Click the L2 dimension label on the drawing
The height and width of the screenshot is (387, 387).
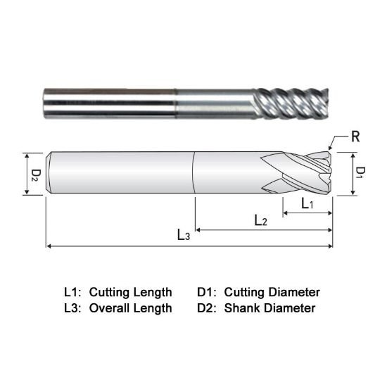point(260,220)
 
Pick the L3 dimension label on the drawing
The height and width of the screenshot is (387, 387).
point(184,236)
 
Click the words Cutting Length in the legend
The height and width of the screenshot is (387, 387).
point(130,291)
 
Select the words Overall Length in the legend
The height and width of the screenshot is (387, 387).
point(130,307)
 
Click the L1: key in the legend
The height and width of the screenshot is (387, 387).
point(73,291)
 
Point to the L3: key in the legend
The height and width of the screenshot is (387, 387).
point(73,307)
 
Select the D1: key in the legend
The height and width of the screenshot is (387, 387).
point(208,291)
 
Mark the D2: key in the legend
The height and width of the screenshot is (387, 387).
point(208,307)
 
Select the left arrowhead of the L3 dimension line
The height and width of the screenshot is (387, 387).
point(49,246)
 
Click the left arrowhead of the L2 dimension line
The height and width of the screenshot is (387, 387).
point(198,229)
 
